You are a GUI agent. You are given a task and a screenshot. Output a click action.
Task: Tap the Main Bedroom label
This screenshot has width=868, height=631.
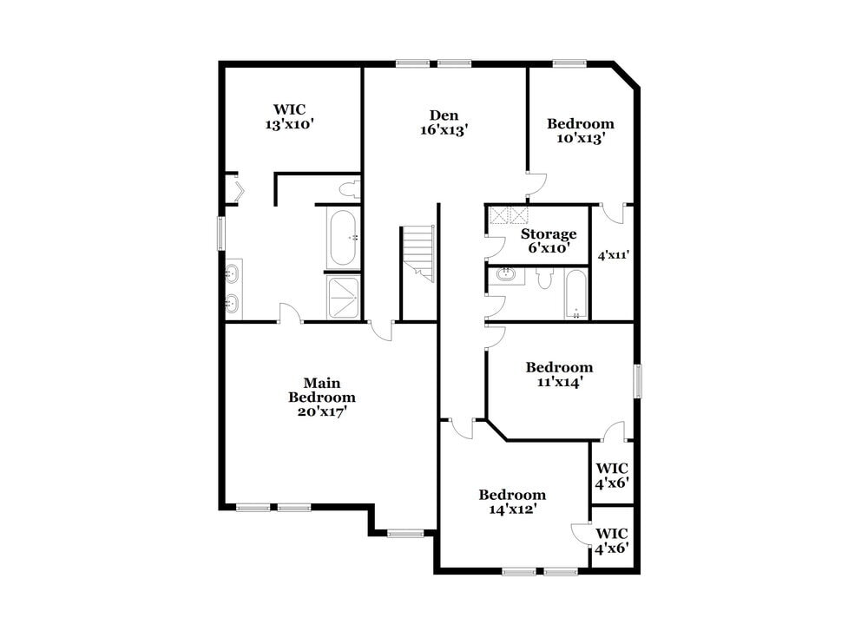point(322,398)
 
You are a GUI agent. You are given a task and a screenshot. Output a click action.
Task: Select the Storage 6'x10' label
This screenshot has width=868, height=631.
point(549,240)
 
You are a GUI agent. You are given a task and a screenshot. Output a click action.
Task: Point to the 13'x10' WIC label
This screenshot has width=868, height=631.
point(288,116)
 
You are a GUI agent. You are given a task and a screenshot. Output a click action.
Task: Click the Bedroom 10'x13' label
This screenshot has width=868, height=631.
point(580,130)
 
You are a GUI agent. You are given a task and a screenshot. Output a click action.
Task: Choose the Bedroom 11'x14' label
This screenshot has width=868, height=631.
point(559,374)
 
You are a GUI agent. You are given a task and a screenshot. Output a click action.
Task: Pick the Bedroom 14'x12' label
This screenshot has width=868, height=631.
point(512,502)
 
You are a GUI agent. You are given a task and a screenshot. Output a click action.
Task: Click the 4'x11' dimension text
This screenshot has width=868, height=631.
point(613,255)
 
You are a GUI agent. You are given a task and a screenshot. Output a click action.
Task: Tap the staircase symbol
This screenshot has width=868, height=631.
point(418,253)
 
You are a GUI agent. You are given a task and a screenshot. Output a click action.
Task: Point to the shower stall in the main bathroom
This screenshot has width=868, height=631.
point(343,297)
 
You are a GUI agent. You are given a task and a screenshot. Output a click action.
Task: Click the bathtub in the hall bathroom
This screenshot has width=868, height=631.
point(575,294)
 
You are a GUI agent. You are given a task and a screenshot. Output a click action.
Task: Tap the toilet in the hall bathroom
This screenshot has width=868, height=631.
point(545,278)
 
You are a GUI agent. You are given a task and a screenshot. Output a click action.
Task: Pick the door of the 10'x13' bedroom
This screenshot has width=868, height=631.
point(537,183)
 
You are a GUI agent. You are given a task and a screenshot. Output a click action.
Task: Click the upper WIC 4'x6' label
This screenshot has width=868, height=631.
point(612,476)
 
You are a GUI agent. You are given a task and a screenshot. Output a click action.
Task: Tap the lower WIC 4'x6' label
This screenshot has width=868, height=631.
point(612,540)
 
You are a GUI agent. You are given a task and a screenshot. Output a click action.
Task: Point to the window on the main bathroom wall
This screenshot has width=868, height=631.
point(221,233)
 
